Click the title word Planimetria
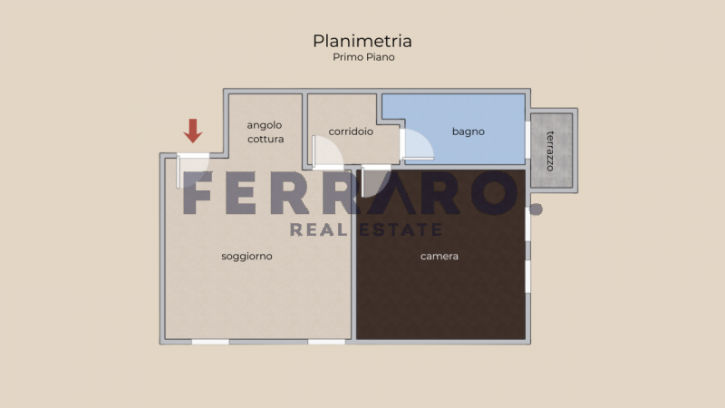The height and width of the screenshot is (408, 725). [362, 41]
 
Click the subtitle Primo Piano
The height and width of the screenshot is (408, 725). [363, 57]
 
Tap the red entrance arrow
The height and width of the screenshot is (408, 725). [193, 131]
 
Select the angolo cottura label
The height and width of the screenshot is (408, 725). [265, 131]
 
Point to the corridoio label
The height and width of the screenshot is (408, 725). [351, 131]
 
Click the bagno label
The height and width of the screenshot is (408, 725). [468, 131]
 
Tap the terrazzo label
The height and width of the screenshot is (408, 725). [550, 151]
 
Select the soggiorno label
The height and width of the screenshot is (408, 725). [246, 257]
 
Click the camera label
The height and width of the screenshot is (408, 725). [440, 256]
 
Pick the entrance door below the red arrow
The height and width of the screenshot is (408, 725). [192, 170]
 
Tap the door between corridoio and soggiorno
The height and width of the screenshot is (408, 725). [327, 152]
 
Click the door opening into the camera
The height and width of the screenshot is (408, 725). [375, 180]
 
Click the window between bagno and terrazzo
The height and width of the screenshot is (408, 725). [527, 140]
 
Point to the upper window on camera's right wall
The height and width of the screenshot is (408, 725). [527, 224]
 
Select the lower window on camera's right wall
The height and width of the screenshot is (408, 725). [527, 277]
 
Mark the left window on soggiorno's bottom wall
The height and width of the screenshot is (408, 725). [210, 342]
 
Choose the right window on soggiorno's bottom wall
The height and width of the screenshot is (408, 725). [326, 342]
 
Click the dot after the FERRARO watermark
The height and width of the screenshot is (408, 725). [536, 209]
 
